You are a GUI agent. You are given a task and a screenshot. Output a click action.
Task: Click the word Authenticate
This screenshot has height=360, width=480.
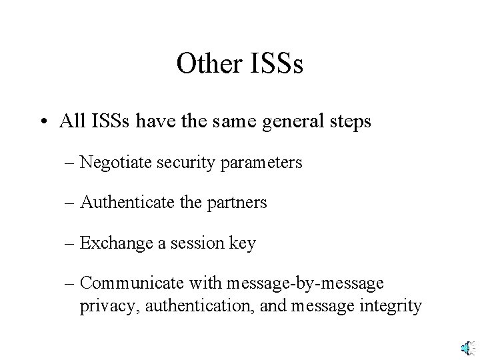pos(121,203)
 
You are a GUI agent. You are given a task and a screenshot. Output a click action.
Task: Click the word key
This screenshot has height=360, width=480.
pos(242,243)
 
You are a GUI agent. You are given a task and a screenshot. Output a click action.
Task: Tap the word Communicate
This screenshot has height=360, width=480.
pos(126,283)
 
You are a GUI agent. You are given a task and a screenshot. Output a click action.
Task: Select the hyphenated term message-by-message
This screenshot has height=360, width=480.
pos(305,283)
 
